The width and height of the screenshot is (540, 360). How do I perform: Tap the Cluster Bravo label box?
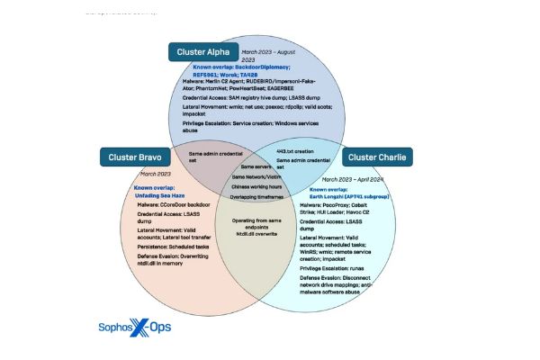135,157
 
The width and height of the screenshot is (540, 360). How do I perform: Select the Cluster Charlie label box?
375,157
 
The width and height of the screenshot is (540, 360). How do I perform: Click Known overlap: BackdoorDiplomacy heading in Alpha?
240,67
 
